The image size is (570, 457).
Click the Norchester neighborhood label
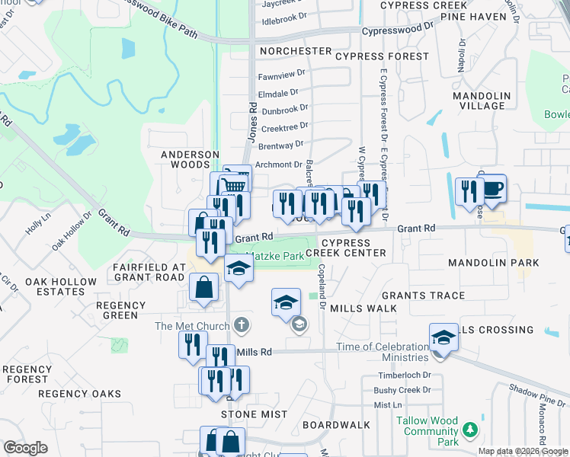[x=295, y=51]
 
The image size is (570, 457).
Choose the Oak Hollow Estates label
[x=61, y=286]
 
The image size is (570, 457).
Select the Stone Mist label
[x=255, y=414]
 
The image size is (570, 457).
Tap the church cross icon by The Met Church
[x=242, y=326]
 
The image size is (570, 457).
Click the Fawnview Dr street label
[x=281, y=76]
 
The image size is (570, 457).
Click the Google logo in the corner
[x=26, y=448]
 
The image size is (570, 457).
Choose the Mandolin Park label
[x=493, y=263]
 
